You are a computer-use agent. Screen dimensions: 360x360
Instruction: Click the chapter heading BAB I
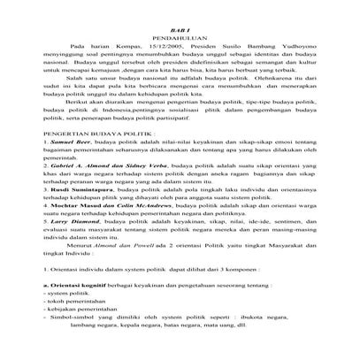coord(180,30)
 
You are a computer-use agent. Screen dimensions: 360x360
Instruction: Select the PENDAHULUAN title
coord(180,40)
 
